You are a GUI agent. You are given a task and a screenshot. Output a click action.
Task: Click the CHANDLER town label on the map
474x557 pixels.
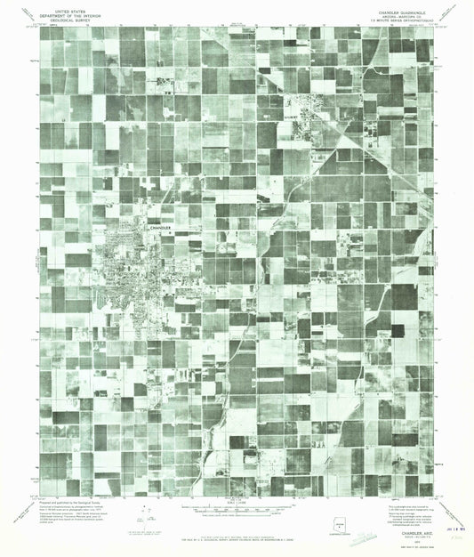(157, 228)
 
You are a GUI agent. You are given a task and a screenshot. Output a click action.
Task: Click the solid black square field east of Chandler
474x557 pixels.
(397, 330)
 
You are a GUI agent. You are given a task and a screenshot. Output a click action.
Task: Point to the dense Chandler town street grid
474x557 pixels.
(133, 262)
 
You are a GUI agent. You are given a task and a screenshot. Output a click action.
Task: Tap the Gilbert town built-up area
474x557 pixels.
(307, 125)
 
